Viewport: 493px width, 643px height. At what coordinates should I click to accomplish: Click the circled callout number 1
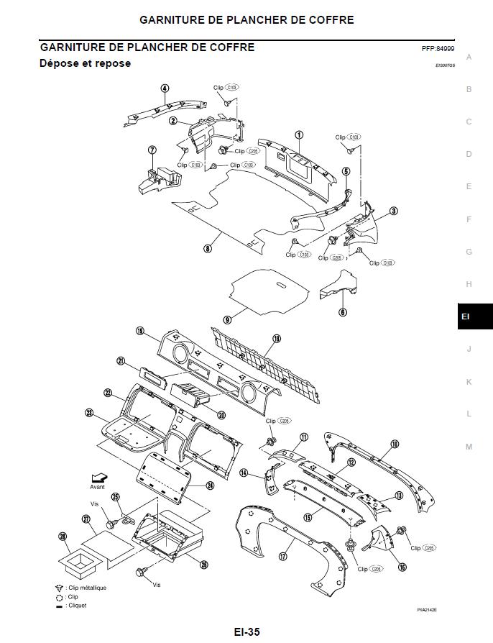pos(299,134)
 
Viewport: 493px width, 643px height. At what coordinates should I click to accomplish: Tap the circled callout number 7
pos(152,150)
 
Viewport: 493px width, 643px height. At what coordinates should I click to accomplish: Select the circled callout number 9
pos(227,319)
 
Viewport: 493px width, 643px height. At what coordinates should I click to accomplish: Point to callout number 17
pos(282,556)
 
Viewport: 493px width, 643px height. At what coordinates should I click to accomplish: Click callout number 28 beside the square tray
pos(63,536)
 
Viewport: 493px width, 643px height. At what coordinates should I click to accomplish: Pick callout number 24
pos(210,485)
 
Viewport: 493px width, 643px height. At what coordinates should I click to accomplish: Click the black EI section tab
pos(475,316)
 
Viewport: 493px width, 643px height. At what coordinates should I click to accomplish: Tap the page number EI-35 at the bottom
pos(247,632)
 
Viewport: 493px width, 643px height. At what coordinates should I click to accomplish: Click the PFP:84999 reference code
pos(438,49)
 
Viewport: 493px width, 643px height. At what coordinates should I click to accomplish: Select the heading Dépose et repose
pos(85,63)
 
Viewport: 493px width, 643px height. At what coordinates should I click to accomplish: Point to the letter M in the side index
pos(469,447)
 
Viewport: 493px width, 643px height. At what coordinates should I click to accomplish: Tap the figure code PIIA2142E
pos(426,610)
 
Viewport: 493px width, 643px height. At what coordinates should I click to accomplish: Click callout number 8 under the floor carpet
pos(207,249)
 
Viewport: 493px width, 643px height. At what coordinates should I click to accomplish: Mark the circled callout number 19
pos(277,339)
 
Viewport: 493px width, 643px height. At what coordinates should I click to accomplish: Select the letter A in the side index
pos(469,57)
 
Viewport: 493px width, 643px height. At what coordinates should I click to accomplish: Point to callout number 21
pos(121,361)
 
